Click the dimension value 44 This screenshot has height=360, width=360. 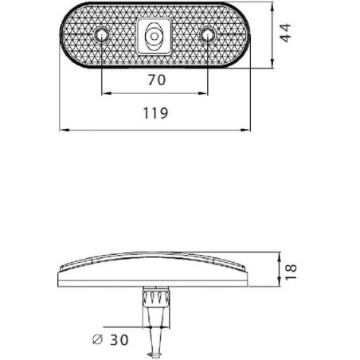tap(286, 33)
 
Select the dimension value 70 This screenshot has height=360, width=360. tap(157, 80)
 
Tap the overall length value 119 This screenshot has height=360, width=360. tap(155, 113)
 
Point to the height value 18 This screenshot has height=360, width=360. tap(291, 272)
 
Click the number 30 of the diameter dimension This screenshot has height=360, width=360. tap(119, 340)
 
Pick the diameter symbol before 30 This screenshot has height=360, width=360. tap(97, 339)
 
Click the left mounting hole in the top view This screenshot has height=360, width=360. tap(101, 35)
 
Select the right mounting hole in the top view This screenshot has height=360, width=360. tap(208, 35)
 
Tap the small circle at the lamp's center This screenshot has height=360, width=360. tap(155, 36)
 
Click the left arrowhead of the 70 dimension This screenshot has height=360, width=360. tap(106, 93)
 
